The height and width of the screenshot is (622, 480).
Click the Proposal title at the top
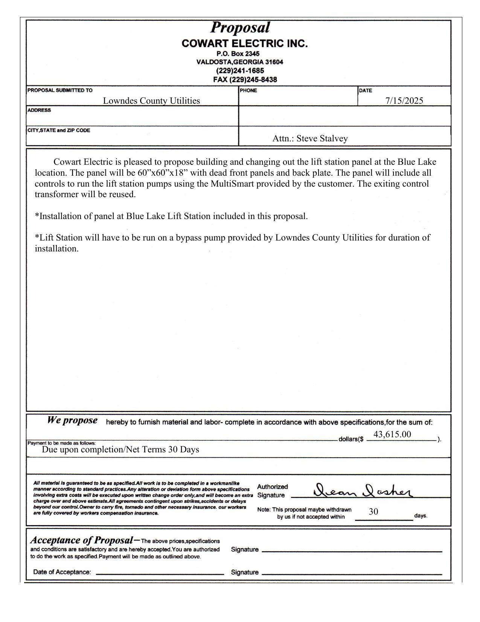[240, 28]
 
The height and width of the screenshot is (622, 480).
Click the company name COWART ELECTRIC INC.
[244, 44]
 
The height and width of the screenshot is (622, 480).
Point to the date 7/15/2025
[404, 101]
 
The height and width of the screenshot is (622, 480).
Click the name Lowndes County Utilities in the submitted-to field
[151, 101]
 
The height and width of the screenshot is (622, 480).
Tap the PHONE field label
[248, 90]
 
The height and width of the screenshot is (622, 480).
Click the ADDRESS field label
[39, 110]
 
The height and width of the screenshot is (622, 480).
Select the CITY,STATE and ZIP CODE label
[59, 130]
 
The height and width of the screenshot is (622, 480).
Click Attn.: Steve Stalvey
[310, 138]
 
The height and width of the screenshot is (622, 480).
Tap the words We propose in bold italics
[72, 420]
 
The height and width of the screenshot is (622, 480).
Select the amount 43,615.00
[392, 434]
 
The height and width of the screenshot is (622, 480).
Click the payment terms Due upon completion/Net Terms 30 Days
[120, 449]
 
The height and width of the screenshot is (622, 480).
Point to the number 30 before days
[373, 512]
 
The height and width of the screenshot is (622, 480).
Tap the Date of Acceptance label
[62, 572]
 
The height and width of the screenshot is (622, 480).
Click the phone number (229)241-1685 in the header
[240, 71]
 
